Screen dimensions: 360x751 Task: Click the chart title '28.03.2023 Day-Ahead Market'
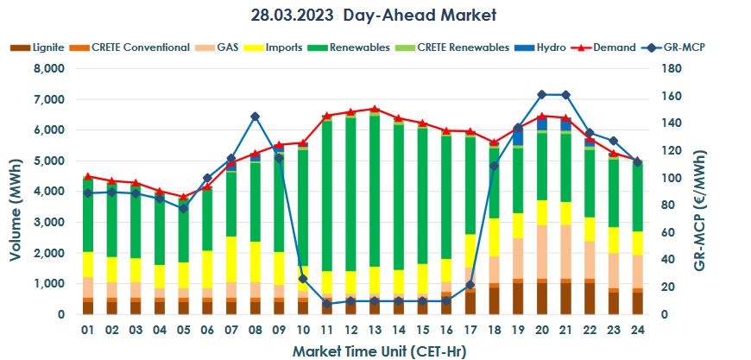pos(375,16)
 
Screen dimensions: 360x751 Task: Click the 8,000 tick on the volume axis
pos(48,68)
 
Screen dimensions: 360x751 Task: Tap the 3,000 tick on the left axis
pos(48,223)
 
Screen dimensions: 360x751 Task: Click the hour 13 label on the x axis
pos(374,331)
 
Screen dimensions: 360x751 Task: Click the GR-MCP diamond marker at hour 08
pos(256,117)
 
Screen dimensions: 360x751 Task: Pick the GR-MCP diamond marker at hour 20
pos(542,94)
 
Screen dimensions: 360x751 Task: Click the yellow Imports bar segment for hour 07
pos(232,259)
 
